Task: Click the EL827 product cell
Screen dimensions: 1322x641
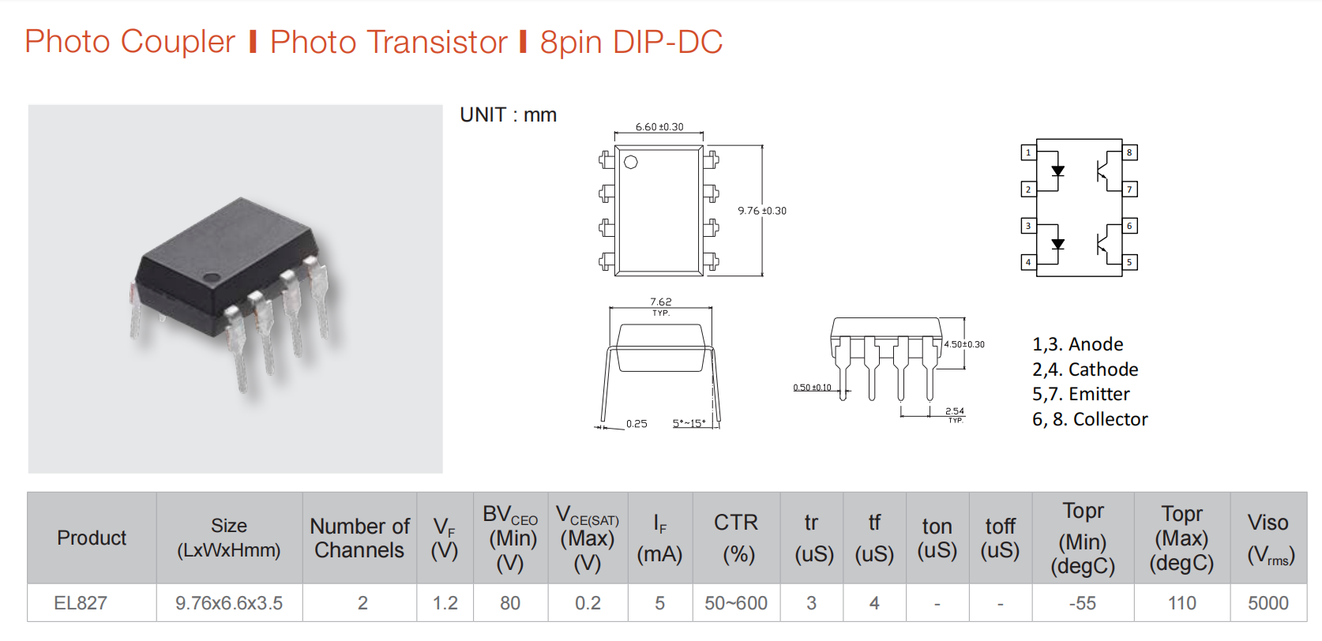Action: coord(81,602)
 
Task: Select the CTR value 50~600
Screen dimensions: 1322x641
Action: coord(736,602)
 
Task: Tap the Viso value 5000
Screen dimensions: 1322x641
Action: coord(1268,602)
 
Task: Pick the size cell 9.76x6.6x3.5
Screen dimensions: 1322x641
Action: coord(229,602)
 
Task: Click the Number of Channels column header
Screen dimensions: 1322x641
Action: coord(359,538)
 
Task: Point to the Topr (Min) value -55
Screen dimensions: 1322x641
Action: coord(1083,602)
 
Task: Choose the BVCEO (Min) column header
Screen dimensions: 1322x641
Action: coord(510,538)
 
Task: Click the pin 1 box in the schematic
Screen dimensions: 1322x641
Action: coord(1028,152)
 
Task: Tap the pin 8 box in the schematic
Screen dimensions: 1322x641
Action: coord(1129,152)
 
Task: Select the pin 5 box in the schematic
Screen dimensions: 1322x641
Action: coord(1129,262)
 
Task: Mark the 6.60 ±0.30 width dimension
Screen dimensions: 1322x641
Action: coord(659,127)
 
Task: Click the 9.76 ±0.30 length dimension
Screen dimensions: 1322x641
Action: coord(762,211)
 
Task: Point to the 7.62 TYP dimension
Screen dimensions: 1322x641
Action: coord(661,306)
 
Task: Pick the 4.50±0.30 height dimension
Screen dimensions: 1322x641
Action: coord(964,344)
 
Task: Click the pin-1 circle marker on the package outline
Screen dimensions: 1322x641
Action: coord(631,162)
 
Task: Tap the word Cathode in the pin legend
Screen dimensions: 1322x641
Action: coord(1103,369)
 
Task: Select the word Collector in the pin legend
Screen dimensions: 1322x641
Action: coord(1110,418)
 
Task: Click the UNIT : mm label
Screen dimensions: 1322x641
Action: coord(508,115)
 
